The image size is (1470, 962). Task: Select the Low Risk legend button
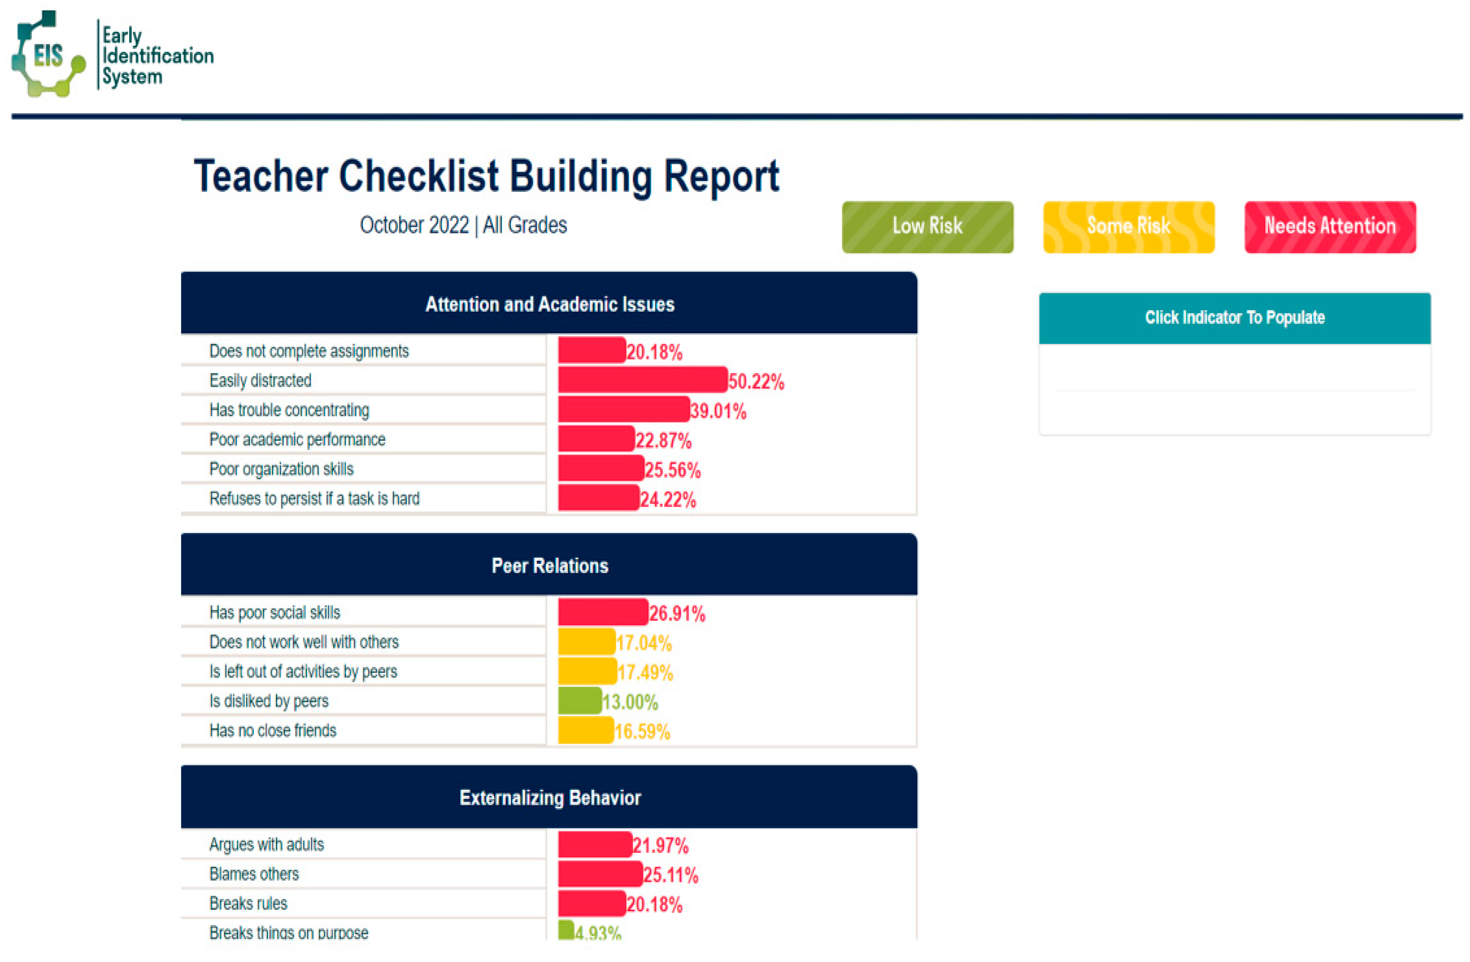[x=927, y=227]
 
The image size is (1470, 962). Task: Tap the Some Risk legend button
[x=1128, y=227]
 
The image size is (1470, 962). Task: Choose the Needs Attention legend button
[x=1330, y=227]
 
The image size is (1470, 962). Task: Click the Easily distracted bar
[x=642, y=380]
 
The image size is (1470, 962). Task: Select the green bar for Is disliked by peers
[x=579, y=701]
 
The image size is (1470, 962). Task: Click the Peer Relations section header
[x=549, y=565]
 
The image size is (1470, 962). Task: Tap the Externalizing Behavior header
[x=549, y=798]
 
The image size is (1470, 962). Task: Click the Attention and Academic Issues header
[x=549, y=304]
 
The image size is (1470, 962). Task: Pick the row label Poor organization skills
[x=281, y=469]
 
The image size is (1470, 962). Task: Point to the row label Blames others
[x=254, y=874]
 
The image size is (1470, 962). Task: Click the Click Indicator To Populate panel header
[x=1234, y=318]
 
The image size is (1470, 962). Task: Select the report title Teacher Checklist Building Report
[x=486, y=177]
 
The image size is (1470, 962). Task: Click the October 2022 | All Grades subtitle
[x=463, y=225]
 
